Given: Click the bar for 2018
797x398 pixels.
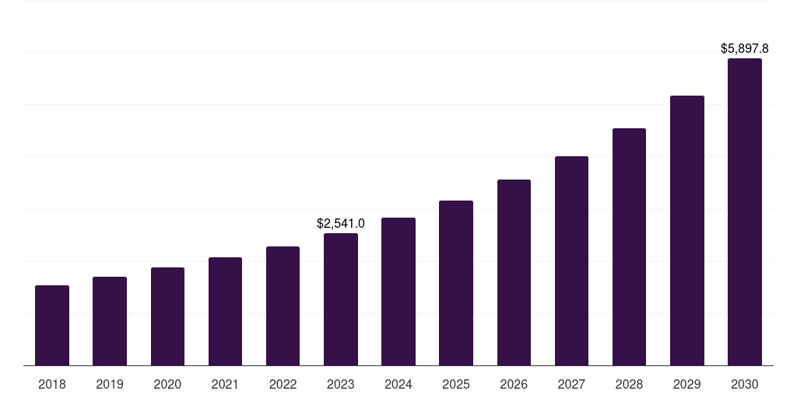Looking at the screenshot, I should point(52,326).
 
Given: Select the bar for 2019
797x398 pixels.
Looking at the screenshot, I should point(110,321).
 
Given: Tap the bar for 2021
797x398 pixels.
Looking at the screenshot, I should point(225,312).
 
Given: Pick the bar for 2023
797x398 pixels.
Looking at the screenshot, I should point(341,299).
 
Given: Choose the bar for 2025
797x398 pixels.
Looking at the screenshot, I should point(456,283).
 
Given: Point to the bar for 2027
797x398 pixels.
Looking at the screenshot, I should point(571,261).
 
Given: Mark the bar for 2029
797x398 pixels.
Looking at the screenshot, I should point(686,231).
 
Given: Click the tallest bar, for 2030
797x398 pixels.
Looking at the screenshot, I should point(745,212).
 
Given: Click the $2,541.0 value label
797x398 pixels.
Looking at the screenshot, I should point(341,224).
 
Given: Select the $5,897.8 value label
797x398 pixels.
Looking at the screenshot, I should point(745,49).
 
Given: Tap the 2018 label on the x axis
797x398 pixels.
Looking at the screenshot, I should point(52,384).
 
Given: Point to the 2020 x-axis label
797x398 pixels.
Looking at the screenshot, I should point(167,384).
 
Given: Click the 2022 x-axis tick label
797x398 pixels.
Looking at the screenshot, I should point(283,384).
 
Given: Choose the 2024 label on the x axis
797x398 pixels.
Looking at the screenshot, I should point(398,384).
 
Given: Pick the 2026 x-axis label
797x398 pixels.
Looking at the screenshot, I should point(514,384).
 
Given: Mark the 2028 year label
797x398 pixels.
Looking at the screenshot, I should point(629,384).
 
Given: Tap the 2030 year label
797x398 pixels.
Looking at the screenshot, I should point(745,384).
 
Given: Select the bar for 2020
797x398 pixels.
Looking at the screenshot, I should point(167,316).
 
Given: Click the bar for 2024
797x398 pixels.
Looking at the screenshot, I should point(398,292).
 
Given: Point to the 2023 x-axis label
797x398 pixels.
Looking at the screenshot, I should point(341,384).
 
